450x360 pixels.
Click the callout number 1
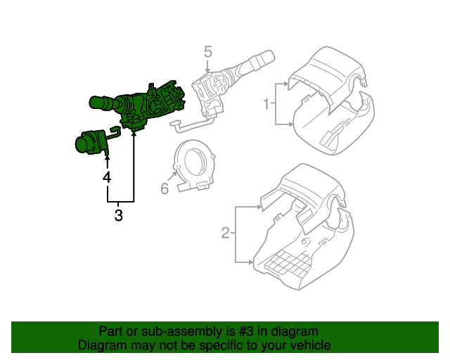pyautogui.click(x=266, y=105)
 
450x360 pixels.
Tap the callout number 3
pyautogui.click(x=118, y=216)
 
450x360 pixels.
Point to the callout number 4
pyautogui.click(x=107, y=178)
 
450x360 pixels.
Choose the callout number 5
pyautogui.click(x=207, y=51)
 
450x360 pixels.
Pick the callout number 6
pyautogui.click(x=165, y=188)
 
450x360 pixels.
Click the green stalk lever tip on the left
pyautogui.click(x=99, y=103)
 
